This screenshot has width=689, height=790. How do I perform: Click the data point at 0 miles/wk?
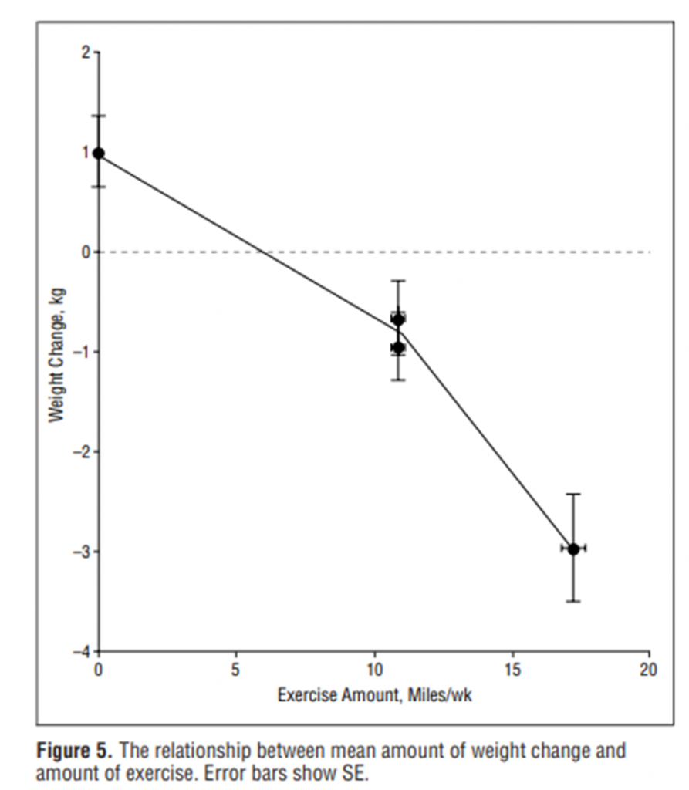(x=99, y=153)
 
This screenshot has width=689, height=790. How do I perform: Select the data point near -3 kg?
(x=573, y=549)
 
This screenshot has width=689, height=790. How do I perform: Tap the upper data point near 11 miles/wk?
(x=398, y=319)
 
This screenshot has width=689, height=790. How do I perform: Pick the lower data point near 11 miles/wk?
(x=398, y=348)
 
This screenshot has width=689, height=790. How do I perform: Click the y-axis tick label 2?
(x=86, y=52)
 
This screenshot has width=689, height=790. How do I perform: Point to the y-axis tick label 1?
(x=86, y=152)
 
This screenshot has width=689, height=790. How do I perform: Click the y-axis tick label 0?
(x=86, y=252)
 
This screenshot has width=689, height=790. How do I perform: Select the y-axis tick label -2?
(x=83, y=451)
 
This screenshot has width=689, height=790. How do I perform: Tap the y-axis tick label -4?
(x=83, y=651)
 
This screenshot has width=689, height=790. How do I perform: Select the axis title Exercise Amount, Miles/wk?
(x=374, y=695)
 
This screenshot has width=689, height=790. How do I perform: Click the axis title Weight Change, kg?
(x=56, y=355)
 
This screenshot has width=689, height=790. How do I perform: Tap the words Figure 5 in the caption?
(x=71, y=750)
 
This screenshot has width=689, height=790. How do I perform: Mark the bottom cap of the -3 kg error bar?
(x=573, y=601)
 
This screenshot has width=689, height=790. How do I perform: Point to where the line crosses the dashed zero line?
(x=262, y=252)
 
